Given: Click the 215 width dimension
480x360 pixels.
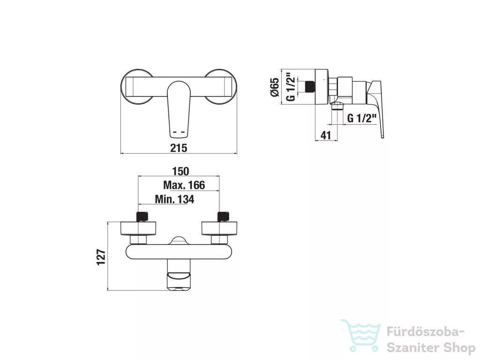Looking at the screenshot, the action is click(179, 148).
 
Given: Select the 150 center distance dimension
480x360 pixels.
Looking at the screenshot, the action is click(180, 171).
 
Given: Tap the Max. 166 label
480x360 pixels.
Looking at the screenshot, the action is click(184, 185).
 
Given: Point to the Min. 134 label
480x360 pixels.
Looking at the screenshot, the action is click(174, 199).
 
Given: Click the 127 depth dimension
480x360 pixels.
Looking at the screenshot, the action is click(101, 257).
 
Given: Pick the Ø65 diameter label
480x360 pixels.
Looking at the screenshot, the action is click(275, 87).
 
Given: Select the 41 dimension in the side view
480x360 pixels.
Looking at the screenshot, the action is click(326, 135).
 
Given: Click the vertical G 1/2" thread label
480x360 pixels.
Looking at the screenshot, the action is click(291, 87).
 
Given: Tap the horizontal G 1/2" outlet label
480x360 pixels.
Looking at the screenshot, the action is click(361, 118).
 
